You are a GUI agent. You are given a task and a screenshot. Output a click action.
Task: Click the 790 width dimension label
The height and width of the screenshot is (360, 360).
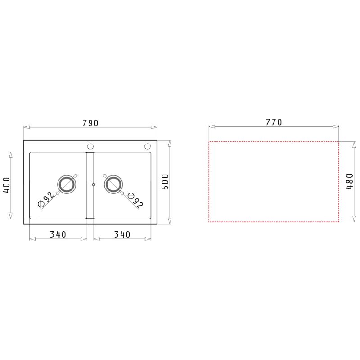point(90,123)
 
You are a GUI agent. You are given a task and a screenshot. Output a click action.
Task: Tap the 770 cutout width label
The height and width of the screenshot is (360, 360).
point(274,122)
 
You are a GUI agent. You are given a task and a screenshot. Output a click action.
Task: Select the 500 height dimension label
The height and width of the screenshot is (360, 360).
point(165,182)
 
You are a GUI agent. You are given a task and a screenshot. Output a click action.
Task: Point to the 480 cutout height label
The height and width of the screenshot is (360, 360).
point(350,181)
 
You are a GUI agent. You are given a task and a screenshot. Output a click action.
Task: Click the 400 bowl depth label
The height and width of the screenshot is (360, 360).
point(6,185)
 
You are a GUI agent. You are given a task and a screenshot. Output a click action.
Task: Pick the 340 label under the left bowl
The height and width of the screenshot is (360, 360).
point(58,234)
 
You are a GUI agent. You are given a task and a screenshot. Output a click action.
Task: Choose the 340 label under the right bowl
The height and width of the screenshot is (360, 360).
point(122,234)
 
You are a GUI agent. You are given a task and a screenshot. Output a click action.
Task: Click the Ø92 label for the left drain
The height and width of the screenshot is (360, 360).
point(46,199)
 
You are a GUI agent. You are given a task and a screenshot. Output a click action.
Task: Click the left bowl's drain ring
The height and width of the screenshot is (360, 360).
point(67,175)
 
